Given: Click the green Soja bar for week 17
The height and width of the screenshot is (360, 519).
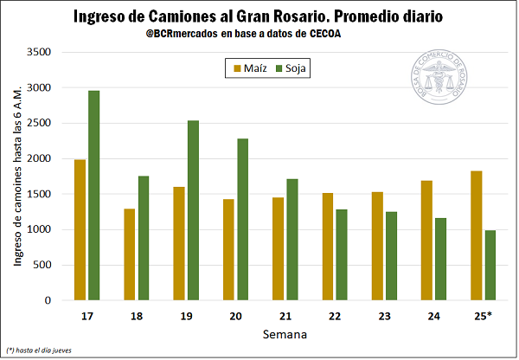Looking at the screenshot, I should point(93,196).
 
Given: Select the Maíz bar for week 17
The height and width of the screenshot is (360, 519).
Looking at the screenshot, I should point(80,230).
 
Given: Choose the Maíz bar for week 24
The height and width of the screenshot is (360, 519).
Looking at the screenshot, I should point(426,240).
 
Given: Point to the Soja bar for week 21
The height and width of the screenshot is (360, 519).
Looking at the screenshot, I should point(292,240).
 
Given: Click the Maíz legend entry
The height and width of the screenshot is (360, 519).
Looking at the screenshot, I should point(249,67).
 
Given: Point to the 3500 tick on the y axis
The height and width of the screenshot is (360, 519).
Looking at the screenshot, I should point(39,52).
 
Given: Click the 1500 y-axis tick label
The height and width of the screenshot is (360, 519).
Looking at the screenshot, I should point(39,194).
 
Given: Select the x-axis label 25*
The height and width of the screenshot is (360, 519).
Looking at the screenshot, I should point(483,314).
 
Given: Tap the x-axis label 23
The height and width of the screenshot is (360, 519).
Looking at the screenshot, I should point(383,314).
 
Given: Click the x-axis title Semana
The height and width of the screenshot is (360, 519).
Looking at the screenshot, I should point(284,333).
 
